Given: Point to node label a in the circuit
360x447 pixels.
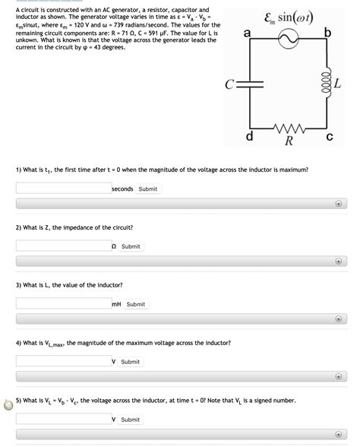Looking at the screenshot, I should [247, 32].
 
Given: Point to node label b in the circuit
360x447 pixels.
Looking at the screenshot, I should [327, 32].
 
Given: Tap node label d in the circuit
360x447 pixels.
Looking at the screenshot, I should [250, 137].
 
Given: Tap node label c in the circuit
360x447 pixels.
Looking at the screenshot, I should [329, 138].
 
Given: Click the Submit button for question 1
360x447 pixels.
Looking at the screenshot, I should [148, 189].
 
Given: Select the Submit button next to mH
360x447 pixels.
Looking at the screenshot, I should [136, 304].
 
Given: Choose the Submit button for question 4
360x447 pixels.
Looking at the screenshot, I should [131, 362].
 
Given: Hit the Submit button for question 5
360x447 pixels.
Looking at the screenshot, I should [131, 420].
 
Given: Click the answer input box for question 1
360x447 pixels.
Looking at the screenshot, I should [63, 189].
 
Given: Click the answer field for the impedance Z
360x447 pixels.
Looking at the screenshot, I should [63, 246].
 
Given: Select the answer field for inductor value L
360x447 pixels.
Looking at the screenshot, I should [63, 304].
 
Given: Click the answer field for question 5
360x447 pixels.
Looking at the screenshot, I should [63, 420].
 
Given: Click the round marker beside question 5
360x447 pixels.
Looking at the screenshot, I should [8, 404].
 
